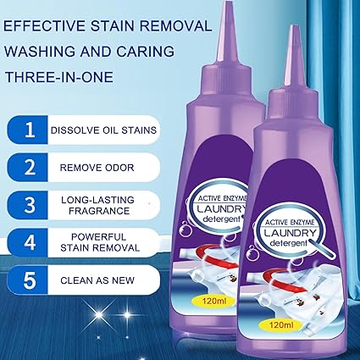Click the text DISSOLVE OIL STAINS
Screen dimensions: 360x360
pos(103,130)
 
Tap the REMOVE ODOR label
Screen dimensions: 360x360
pos(97,168)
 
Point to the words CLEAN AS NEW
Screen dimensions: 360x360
pos(97,280)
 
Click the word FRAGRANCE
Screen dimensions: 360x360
pos(99,211)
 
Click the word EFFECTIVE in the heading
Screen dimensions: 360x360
pos(44,25)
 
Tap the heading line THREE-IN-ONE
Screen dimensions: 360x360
pos(59,76)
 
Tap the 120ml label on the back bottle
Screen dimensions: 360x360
pos(215,301)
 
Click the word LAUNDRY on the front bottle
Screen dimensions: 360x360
pos(290,234)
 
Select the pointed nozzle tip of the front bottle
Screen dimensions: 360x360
pos(295,27)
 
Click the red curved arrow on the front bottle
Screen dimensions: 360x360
pos(283,281)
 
